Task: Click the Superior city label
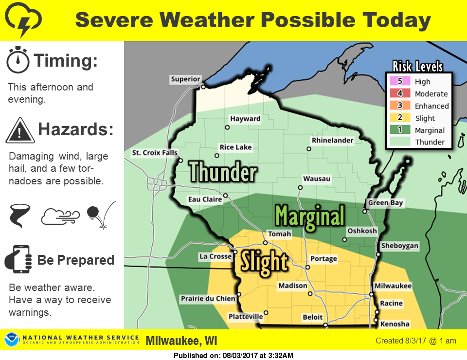pyautogui.click(x=185, y=79)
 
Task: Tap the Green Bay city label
pyautogui.click(x=385, y=203)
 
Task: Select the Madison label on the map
pyautogui.click(x=293, y=286)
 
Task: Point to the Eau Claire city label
pyautogui.click(x=205, y=199)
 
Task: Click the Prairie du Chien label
pyautogui.click(x=208, y=299)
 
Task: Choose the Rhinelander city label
pyautogui.click(x=333, y=140)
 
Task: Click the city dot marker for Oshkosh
pyautogui.click(x=344, y=239)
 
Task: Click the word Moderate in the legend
pyautogui.click(x=431, y=94)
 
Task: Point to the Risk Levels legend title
pyautogui.click(x=418, y=67)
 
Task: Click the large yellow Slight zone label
pyautogui.click(x=265, y=262)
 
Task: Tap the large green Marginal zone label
pyautogui.click(x=310, y=215)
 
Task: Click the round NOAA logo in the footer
pyautogui.click(x=12, y=340)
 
